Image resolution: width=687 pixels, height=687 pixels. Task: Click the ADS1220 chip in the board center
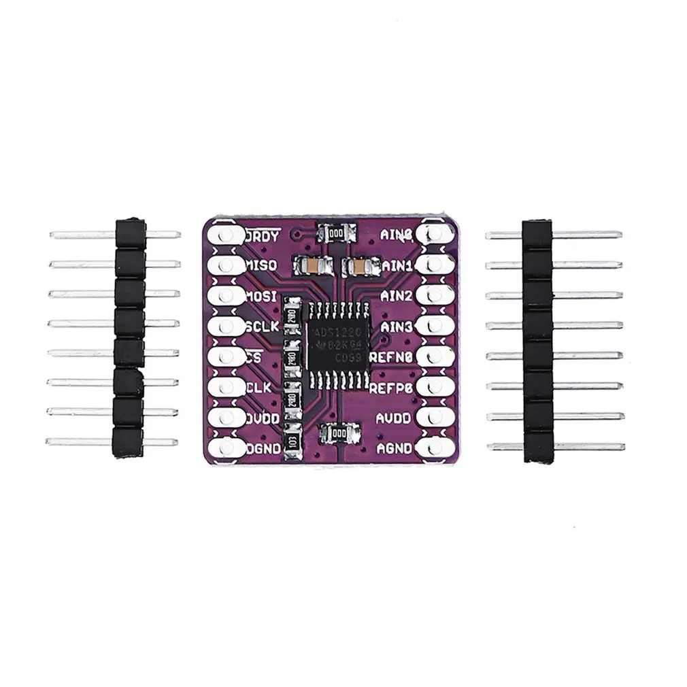[x=337, y=346]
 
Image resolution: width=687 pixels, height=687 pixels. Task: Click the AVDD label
[x=394, y=418]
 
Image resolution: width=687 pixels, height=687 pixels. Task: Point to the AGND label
[x=394, y=448]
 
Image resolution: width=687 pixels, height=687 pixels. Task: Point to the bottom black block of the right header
[x=536, y=447]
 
